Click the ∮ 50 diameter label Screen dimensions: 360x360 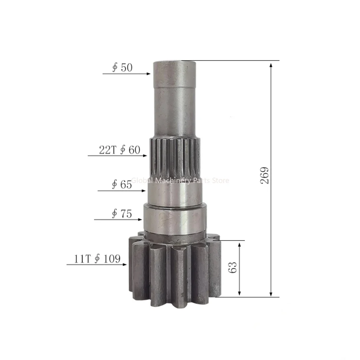click(122, 68)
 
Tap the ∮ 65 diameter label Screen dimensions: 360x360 click(122, 184)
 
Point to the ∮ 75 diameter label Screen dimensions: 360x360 click(122, 214)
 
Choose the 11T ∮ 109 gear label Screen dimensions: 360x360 click(97, 259)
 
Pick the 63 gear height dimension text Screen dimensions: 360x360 click(233, 267)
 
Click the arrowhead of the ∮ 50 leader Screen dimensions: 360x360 click(149, 73)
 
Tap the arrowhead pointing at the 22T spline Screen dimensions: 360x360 click(145, 156)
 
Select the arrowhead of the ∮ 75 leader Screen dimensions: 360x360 click(141, 219)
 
